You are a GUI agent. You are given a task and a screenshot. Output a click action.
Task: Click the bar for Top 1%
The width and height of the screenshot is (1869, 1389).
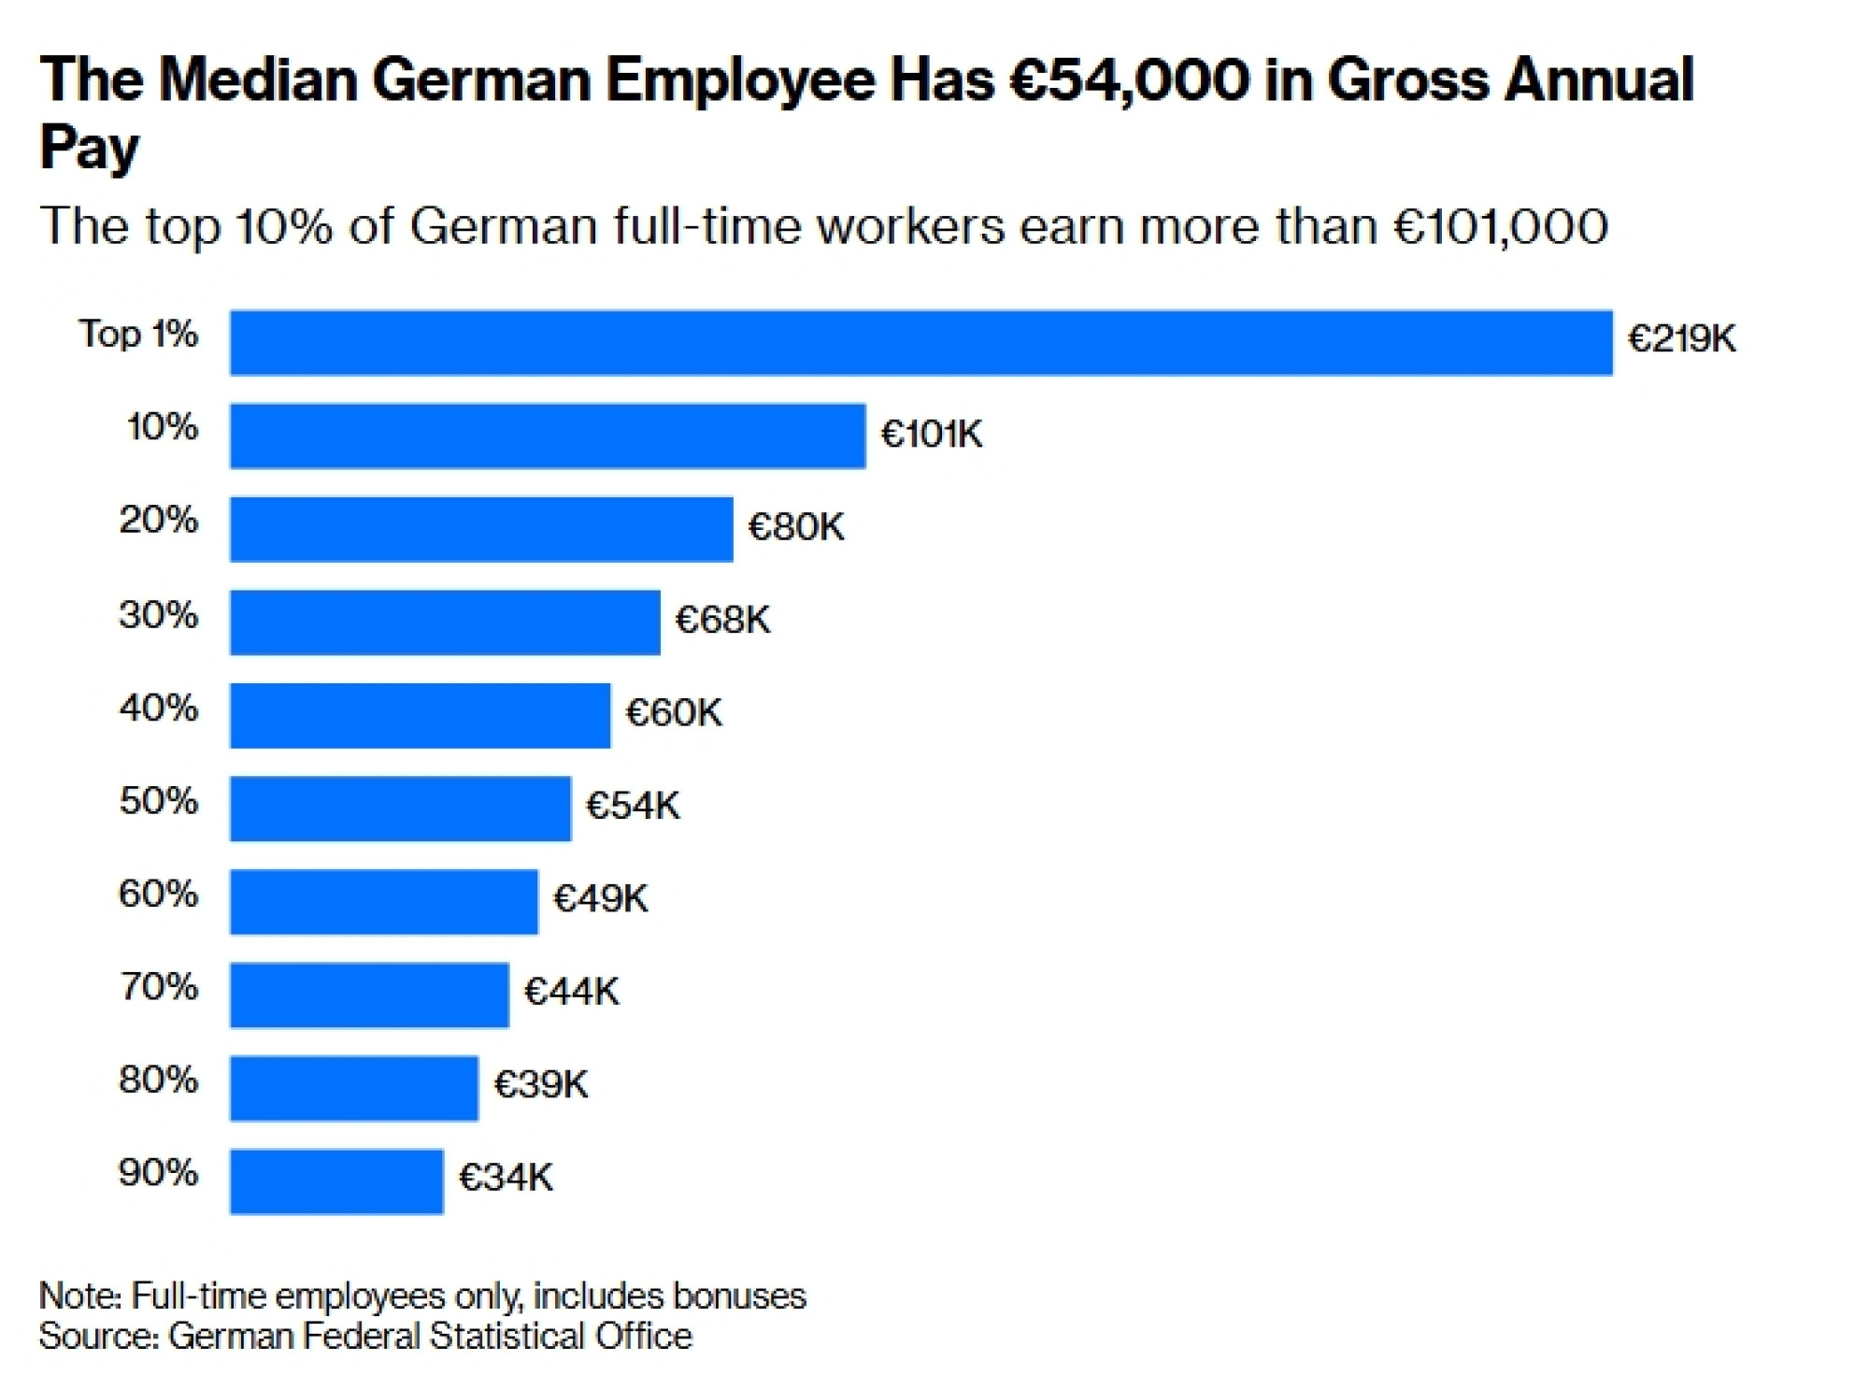[x=921, y=343]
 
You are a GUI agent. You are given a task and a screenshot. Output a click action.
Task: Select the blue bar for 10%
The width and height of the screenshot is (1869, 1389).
[x=548, y=436]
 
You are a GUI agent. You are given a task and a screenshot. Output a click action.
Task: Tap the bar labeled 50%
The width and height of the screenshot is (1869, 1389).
[x=401, y=809]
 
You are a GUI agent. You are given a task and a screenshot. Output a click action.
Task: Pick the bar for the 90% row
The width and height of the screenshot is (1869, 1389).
[x=336, y=1181]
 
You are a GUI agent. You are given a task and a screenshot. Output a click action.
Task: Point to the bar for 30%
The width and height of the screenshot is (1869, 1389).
[x=445, y=622]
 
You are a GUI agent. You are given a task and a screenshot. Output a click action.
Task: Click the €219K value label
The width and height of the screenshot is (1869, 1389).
[x=1682, y=338]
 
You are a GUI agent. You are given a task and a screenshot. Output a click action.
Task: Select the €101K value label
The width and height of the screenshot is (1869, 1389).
[x=932, y=434]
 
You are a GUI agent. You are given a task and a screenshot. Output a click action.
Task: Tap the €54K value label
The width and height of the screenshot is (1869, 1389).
[x=633, y=806]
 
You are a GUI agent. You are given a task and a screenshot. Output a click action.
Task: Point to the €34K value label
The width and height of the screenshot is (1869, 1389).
[x=506, y=1178]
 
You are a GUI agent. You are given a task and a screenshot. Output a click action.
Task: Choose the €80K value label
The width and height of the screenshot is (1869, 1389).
[x=796, y=527]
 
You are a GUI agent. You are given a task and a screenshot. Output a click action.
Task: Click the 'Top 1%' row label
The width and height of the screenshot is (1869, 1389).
[x=138, y=335]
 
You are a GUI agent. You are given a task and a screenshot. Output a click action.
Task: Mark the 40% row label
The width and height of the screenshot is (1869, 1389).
[x=159, y=708]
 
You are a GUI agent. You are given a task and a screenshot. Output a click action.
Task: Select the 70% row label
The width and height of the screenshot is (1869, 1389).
[x=159, y=986]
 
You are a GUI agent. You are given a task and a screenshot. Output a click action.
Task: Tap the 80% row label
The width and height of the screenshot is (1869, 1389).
[x=159, y=1080]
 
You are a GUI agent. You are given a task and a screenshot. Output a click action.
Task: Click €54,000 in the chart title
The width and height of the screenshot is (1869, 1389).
[x=1130, y=80]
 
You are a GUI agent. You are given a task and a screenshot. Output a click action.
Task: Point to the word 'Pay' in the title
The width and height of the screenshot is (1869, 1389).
[x=90, y=148]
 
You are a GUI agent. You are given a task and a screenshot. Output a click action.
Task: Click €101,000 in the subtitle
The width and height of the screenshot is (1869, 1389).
[x=1501, y=227]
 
